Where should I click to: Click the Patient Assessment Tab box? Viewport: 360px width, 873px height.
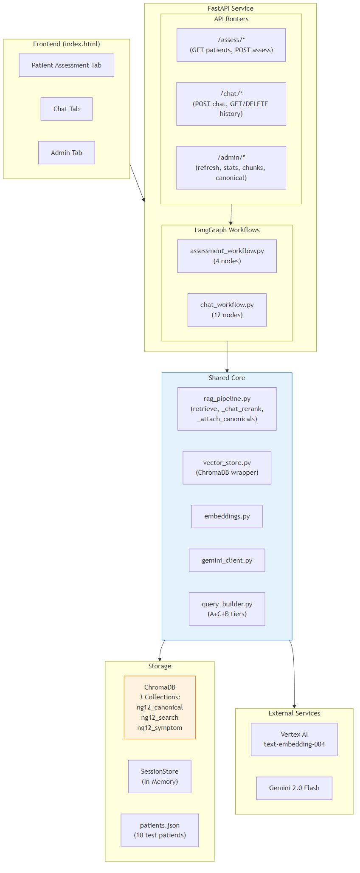pyautogui.click(x=66, y=65)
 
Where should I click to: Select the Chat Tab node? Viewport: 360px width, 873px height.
pyautogui.click(x=66, y=109)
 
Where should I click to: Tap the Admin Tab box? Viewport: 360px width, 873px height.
pyautogui.click(x=66, y=153)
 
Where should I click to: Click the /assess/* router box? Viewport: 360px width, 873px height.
pyautogui.click(x=231, y=45)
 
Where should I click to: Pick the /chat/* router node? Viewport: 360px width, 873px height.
pyautogui.click(x=231, y=104)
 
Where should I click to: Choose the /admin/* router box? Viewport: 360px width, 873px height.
pyautogui.click(x=231, y=168)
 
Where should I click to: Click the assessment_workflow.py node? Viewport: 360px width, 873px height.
pyautogui.click(x=227, y=256)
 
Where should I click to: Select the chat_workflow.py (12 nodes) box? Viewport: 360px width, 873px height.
pyautogui.click(x=227, y=310)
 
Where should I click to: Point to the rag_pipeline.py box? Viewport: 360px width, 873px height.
pyautogui.click(x=227, y=409)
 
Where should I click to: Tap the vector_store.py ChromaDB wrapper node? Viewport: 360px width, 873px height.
pyautogui.click(x=227, y=467)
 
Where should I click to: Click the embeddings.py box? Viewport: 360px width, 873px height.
pyautogui.click(x=227, y=516)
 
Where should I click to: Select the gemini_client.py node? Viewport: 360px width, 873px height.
pyautogui.click(x=227, y=560)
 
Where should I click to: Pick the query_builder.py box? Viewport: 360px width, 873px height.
pyautogui.click(x=227, y=609)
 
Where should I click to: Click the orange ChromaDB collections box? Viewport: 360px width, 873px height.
pyautogui.click(x=160, y=707)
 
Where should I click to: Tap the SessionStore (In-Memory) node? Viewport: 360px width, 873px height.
pyautogui.click(x=160, y=777)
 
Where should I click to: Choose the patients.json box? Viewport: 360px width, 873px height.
pyautogui.click(x=160, y=830)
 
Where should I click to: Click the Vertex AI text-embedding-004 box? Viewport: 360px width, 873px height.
pyautogui.click(x=294, y=739)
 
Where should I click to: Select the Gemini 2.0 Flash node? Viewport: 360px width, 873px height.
pyautogui.click(x=294, y=788)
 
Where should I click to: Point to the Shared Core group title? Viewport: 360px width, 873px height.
pyautogui.click(x=227, y=378)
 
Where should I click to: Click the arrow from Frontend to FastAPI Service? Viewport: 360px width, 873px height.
pyautogui.click(x=137, y=182)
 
